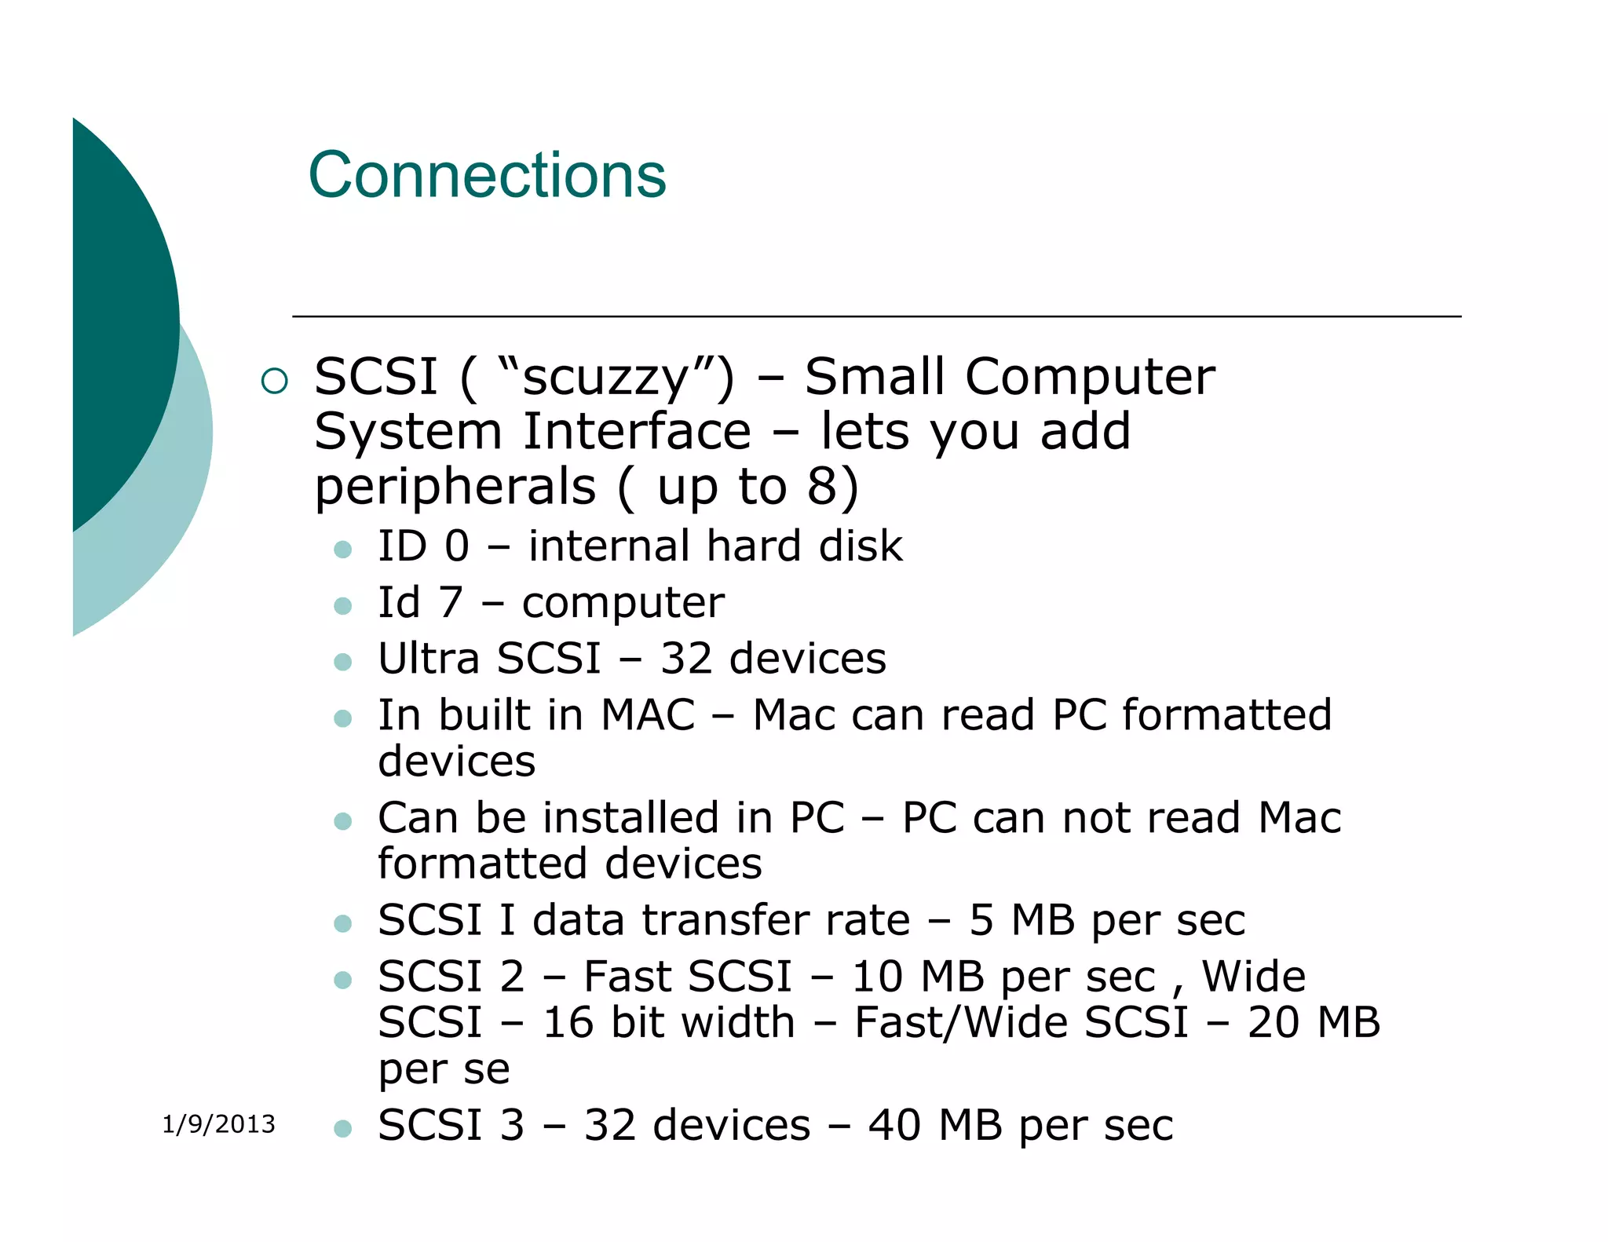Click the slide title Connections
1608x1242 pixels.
(487, 176)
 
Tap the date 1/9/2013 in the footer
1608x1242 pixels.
(218, 1124)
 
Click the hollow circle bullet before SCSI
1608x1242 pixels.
(275, 382)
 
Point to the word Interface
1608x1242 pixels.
(637, 432)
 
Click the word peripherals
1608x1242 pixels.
(455, 487)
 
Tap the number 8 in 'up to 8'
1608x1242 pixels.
(823, 487)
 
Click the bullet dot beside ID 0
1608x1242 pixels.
(342, 549)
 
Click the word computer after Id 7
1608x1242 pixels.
(623, 603)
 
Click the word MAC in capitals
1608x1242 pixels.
(648, 715)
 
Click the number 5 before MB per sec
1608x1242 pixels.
(981, 920)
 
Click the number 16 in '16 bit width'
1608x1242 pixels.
(568, 1023)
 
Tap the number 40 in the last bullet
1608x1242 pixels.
(895, 1125)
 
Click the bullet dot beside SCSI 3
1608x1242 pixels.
(342, 1129)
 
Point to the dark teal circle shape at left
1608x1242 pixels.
(118, 314)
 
